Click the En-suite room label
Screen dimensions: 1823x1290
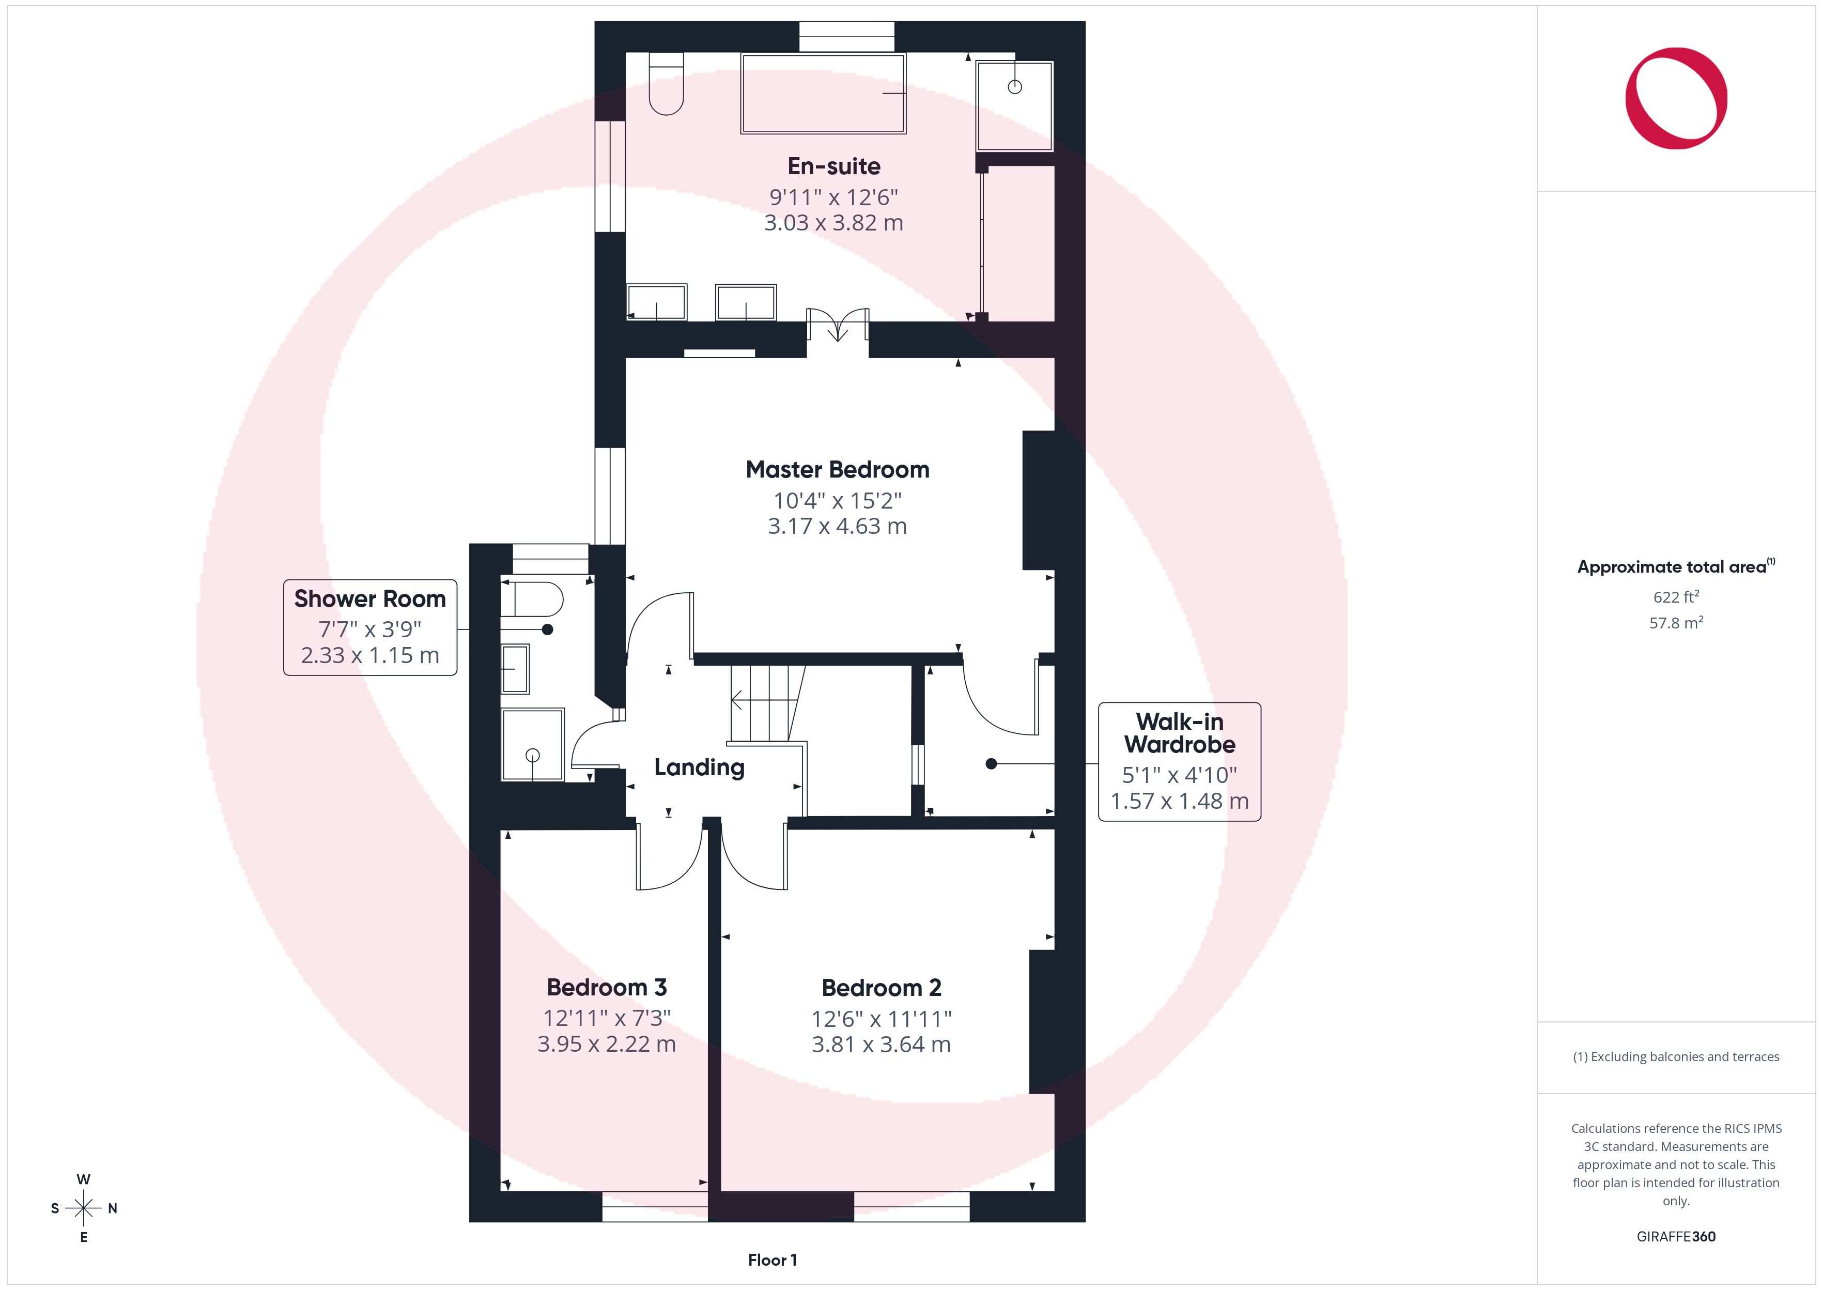[833, 166]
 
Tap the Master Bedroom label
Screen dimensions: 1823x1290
[838, 469]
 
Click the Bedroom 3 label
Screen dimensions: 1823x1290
[607, 987]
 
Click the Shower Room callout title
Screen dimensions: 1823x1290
[370, 599]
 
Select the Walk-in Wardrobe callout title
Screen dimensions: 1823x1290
[1180, 733]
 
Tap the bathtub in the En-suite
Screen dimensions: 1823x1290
[823, 93]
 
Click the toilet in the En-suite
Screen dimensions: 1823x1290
[666, 83]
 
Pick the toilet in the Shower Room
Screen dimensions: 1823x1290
[532, 600]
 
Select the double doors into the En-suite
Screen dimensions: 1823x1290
[838, 324]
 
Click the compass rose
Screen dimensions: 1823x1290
[83, 1208]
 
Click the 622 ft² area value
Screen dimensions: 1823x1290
[1676, 596]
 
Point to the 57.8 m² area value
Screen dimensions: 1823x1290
[1676, 623]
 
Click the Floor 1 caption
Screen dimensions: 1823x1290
[773, 1260]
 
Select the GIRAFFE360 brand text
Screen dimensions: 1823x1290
[1676, 1237]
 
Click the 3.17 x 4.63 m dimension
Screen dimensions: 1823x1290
[838, 526]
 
